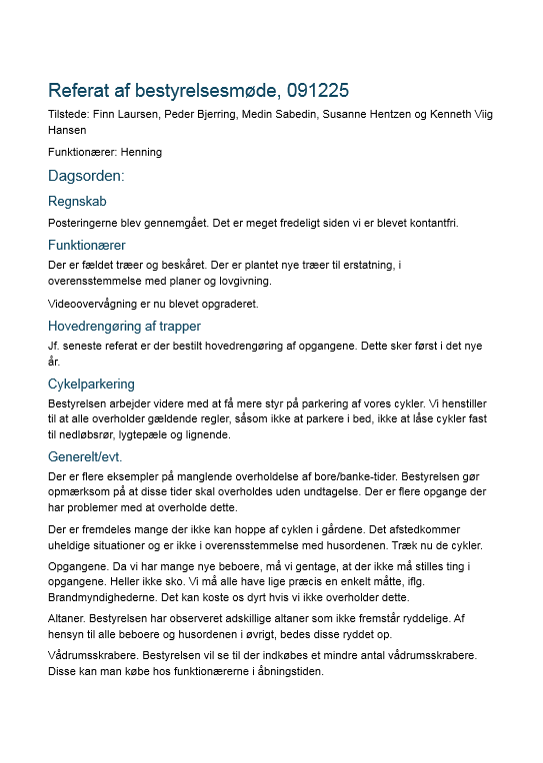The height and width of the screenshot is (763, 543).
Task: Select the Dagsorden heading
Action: [x=86, y=177]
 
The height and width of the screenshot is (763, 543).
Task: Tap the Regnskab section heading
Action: [x=77, y=202]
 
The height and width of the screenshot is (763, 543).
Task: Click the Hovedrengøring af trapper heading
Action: [x=124, y=326]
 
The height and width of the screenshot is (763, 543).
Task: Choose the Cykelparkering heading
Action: [x=91, y=383]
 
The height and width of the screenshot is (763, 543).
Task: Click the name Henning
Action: [x=141, y=152]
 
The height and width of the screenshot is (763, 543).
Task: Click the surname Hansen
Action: [x=67, y=130]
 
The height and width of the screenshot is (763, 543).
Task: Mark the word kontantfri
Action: [x=433, y=223]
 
